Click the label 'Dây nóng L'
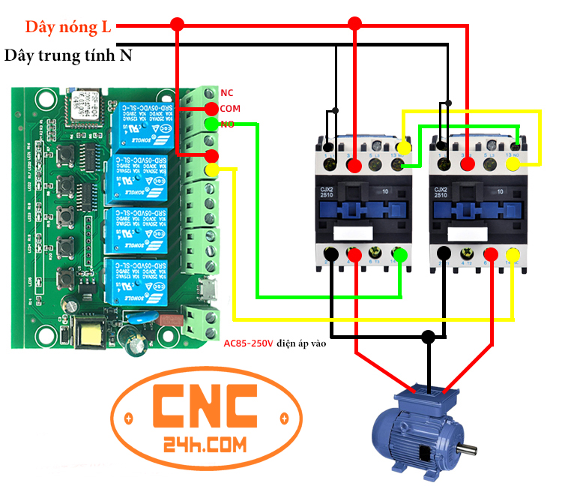tap(67, 28)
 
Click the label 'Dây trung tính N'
tap(68, 56)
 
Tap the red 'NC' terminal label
tap(227, 93)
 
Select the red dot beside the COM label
tap(211, 109)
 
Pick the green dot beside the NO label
tap(211, 124)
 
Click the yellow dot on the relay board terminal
tap(212, 170)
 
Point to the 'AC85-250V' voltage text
tap(248, 343)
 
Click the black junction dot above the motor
tap(429, 337)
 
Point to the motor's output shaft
tap(468, 449)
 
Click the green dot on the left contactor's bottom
tap(401, 256)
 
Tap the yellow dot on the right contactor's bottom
tap(513, 257)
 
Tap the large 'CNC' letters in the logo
tap(205, 408)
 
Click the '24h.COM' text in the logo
tap(204, 445)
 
